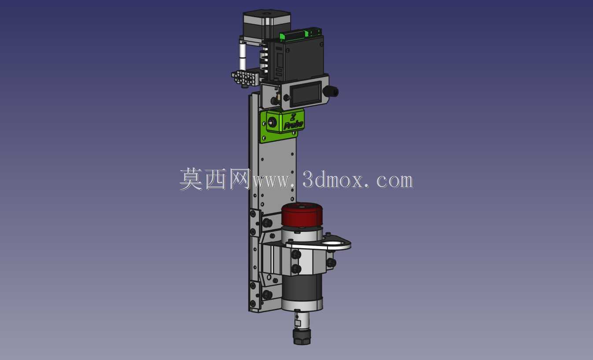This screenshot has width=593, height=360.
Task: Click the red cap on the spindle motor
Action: [x=302, y=214]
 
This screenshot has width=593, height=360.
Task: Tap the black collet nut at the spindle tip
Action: [x=302, y=336]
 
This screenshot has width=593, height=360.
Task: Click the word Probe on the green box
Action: [x=293, y=125]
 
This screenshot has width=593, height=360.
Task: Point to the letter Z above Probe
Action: [x=293, y=117]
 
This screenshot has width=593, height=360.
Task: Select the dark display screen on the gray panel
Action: [x=306, y=94]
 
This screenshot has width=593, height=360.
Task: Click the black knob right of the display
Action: [x=330, y=92]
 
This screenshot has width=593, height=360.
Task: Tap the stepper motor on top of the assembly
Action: [x=266, y=26]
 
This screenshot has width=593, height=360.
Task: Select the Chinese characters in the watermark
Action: [x=215, y=179]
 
